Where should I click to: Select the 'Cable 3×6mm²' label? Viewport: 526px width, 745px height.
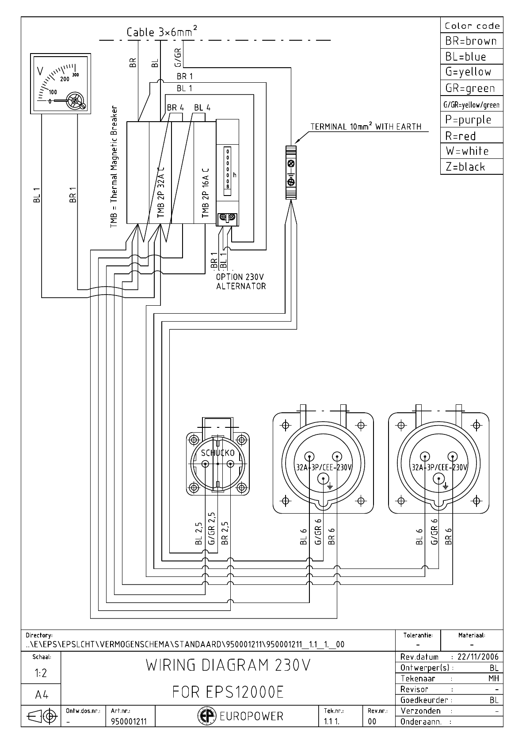coord(162,32)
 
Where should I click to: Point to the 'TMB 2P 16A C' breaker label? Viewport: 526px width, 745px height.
coord(205,193)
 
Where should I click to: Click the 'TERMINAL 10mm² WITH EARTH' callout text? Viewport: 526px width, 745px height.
coord(366,127)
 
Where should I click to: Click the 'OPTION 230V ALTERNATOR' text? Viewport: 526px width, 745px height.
coord(240,281)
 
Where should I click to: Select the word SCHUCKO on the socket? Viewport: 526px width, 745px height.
coord(217,453)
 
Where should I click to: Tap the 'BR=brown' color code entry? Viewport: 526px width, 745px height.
coord(471,41)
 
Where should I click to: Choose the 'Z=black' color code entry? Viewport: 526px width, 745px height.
coord(465,167)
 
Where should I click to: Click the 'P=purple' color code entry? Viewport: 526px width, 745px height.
coord(469,119)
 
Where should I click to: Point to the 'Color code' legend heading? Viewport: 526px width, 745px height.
coord(472,26)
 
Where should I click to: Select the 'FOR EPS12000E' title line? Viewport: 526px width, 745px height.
coord(228,691)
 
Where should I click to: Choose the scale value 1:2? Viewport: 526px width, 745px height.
coord(41,673)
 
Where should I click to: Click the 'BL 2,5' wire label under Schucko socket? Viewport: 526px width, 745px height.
coord(199,534)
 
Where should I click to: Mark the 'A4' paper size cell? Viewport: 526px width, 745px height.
coord(41,695)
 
